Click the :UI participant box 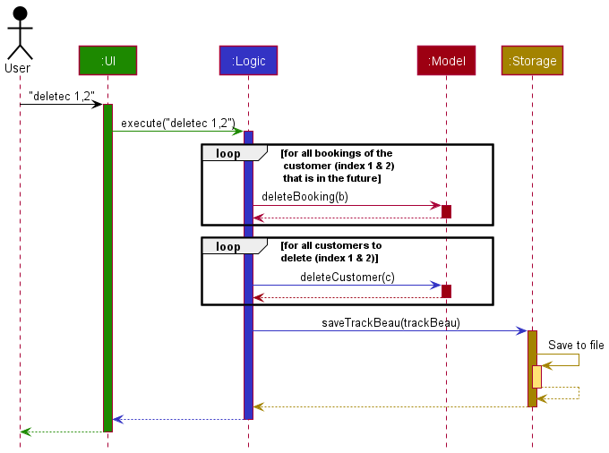107,61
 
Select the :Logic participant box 248,61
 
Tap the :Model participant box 446,61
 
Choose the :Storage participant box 532,61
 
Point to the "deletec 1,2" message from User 62,95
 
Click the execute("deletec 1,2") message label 177,123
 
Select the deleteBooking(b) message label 304,196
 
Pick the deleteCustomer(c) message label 347,277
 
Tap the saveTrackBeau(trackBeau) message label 390,322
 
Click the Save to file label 576,346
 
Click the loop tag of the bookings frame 227,153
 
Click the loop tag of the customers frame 227,246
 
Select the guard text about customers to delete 330,252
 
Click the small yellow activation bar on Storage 536,376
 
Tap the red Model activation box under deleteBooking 446,211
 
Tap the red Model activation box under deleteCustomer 446,291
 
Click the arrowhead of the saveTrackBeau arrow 521,331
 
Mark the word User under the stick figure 18,68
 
